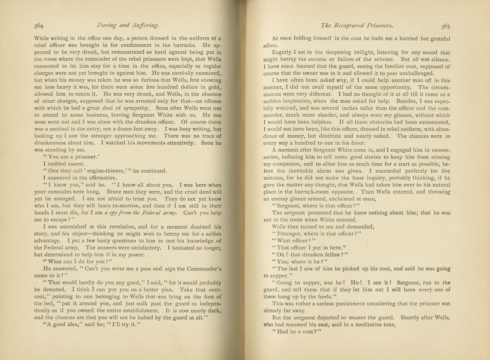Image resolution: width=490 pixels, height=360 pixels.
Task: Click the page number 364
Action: [x=39, y=26]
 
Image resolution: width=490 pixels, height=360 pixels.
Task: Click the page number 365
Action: [x=445, y=26]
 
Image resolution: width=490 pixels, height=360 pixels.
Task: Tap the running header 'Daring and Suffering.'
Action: [x=128, y=25]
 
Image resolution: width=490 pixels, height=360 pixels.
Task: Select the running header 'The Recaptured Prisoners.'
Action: [x=357, y=26]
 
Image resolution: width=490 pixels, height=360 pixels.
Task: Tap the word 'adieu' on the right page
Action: [x=270, y=46]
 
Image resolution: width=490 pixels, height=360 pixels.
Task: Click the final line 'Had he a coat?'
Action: [x=297, y=331]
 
